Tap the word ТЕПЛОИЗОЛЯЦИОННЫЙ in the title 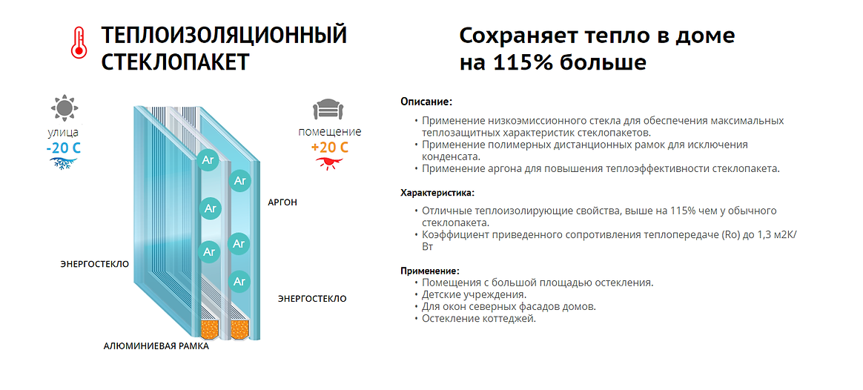224,36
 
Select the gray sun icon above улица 64,108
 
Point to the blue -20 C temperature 63,148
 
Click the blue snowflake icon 63,163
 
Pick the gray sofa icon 329,110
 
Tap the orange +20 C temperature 330,148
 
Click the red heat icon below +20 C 329,162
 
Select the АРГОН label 282,202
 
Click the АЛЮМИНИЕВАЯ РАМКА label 156,346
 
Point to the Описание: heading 426,102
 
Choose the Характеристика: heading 437,193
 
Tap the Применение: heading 430,271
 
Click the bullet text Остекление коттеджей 478,319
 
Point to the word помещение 330,132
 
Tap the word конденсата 449,156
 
